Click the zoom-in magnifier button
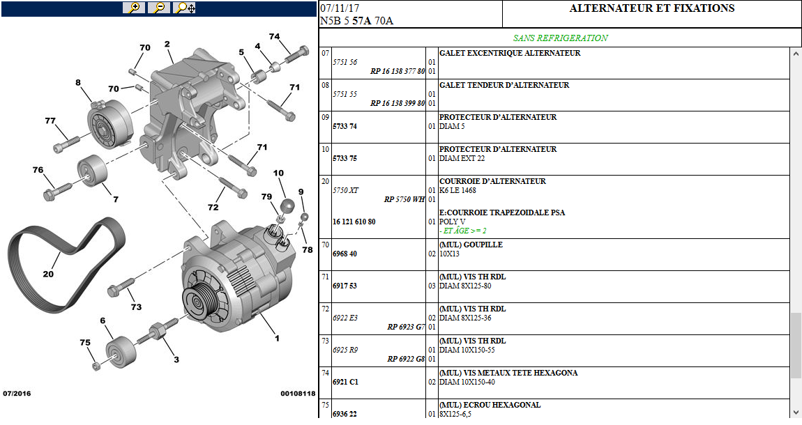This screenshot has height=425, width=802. pos(133,8)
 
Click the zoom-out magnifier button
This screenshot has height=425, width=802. pos(160,8)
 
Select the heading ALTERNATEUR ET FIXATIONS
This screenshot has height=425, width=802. pos(651,9)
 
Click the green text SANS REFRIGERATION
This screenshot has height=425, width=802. pos(560,38)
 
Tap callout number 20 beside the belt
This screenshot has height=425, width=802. pos(47,274)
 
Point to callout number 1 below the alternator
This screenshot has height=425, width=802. pos(277,339)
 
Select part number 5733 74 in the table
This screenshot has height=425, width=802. pos(345,127)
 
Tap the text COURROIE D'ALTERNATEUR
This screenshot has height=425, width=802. pos(492,182)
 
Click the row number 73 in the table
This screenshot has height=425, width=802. pos(325,341)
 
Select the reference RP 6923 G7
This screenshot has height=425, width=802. pos(406,327)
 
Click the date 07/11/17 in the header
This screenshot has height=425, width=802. pos(340,8)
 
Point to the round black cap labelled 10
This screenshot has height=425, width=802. pos(287,206)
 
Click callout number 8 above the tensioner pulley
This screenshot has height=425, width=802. pos(78,82)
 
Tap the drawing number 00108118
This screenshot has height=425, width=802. pos(298,394)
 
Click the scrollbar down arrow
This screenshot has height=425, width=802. pos(796,412)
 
